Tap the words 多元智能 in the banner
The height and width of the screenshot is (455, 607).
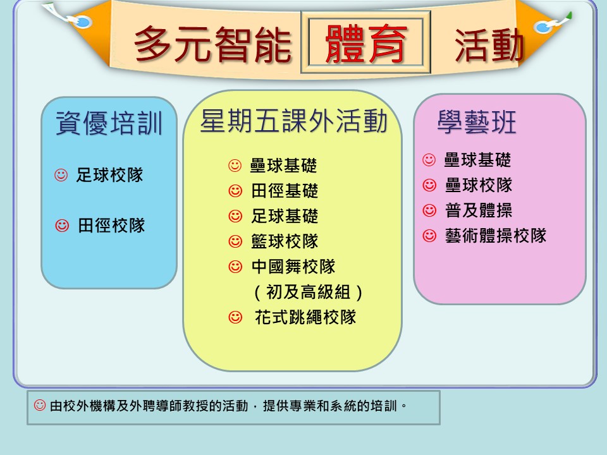[x=212, y=44]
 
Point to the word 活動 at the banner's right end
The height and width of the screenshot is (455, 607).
[x=489, y=45]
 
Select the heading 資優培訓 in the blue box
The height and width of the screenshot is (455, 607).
[x=109, y=123]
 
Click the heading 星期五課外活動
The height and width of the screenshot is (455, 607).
[x=293, y=121]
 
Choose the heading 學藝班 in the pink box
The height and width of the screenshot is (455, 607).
[x=477, y=122]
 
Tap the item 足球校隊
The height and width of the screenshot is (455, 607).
[x=109, y=175]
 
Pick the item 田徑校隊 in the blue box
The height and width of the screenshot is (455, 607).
[x=111, y=226]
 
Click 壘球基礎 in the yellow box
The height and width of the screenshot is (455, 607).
[x=283, y=166]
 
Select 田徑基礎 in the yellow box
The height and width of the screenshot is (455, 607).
[x=285, y=191]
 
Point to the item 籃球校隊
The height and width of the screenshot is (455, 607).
[x=285, y=241]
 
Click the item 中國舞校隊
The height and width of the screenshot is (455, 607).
[x=293, y=267]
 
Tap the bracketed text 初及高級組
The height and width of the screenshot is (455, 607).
[x=308, y=292]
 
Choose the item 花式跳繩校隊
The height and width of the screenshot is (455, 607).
[x=305, y=317]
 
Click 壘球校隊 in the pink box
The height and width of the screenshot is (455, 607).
[x=479, y=185]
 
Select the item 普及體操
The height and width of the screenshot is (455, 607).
[x=479, y=210]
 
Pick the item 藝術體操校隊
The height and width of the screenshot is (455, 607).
[x=496, y=236]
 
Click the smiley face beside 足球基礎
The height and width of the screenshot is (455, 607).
[x=235, y=216]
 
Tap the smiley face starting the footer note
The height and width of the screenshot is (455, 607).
[x=39, y=405]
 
